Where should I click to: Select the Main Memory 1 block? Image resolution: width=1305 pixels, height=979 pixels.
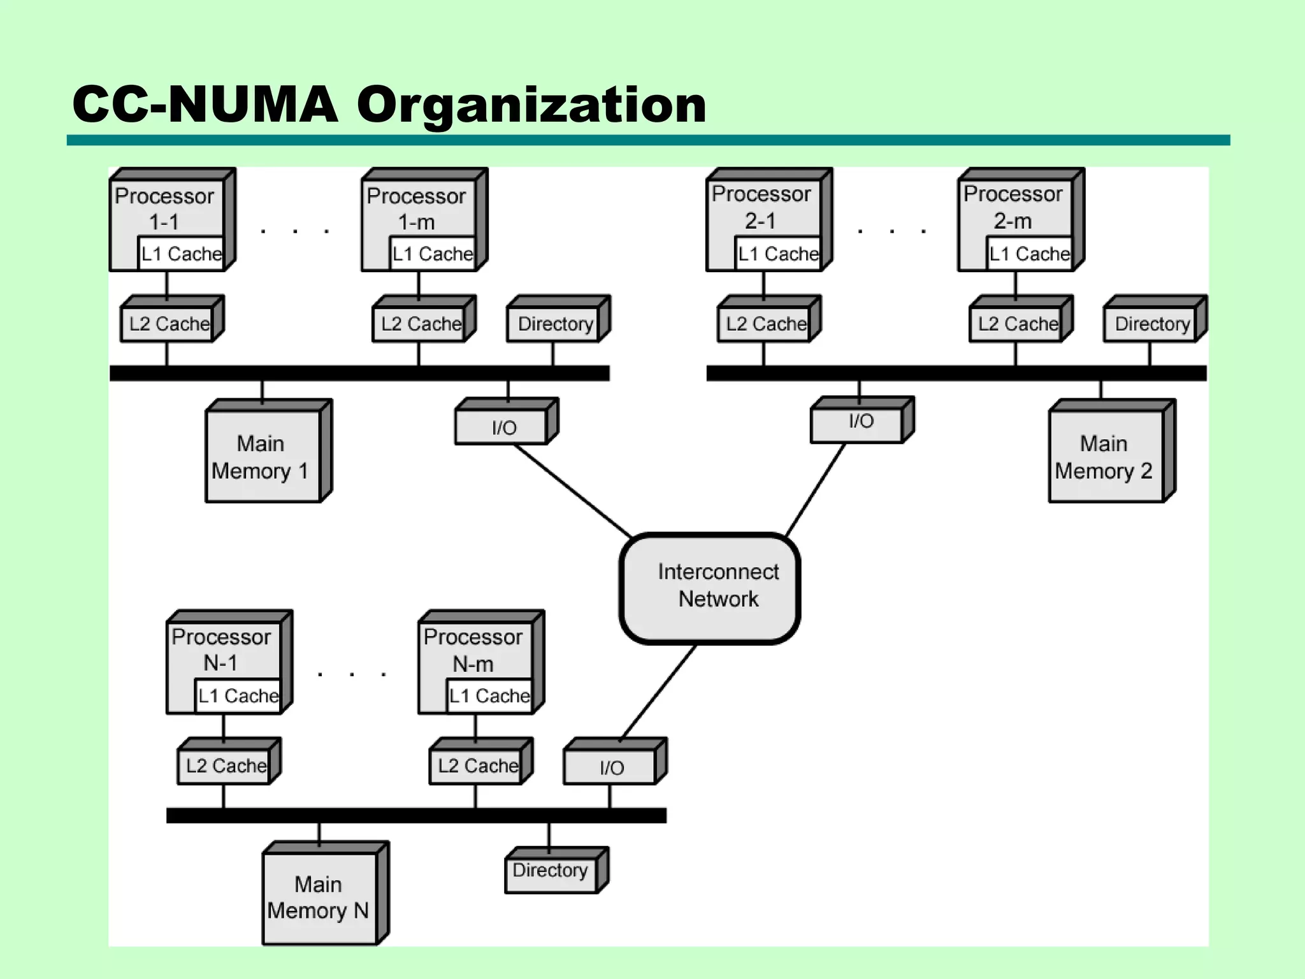263,456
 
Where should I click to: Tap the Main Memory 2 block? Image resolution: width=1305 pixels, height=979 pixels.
1106,456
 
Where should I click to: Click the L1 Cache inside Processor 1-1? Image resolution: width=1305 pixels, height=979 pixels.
181,254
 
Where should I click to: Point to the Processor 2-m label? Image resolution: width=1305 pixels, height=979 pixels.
1013,207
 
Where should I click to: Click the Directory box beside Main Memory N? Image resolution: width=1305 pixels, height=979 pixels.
551,871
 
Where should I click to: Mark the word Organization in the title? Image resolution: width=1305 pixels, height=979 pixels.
531,105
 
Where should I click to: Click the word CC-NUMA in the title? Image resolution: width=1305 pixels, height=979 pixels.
205,105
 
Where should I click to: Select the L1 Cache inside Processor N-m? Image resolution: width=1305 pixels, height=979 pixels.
489,695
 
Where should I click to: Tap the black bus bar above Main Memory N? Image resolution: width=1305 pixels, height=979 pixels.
415,815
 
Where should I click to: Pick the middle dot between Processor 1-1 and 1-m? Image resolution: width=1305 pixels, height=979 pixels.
295,231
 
